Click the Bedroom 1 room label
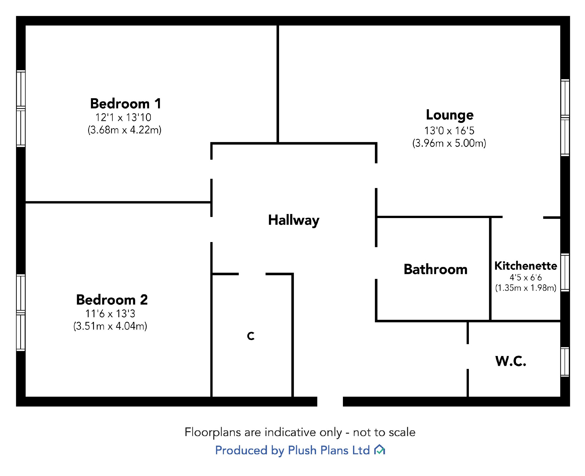click(126, 104)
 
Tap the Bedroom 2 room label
click(112, 300)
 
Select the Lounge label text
click(450, 115)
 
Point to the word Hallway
click(294, 220)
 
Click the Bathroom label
click(435, 270)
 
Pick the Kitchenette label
click(525, 266)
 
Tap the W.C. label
click(510, 361)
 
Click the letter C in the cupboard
click(251, 336)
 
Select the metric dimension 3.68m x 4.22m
click(125, 130)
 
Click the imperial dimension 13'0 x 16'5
click(449, 131)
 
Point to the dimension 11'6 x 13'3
click(110, 314)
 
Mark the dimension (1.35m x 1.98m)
click(525, 288)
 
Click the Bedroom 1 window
click(21, 108)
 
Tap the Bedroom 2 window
click(21, 313)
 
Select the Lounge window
click(565, 117)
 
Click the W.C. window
click(565, 362)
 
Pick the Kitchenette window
click(565, 272)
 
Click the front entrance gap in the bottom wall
click(330, 401)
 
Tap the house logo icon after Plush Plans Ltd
click(379, 450)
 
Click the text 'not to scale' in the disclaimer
click(384, 432)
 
